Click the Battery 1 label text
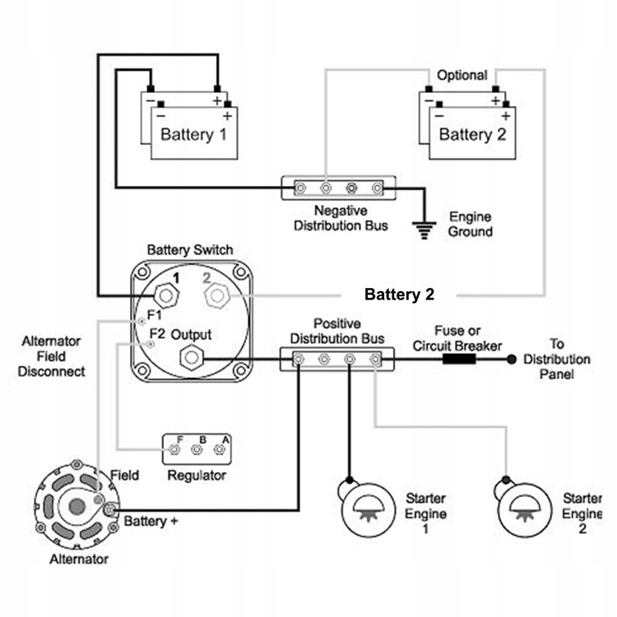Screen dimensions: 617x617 193,134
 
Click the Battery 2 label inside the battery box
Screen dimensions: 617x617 472,134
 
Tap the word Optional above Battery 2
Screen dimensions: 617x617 462,76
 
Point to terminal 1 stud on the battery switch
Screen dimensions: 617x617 168,295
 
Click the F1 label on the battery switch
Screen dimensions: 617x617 155,316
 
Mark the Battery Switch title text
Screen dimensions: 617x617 189,250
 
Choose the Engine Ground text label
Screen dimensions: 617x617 471,225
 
